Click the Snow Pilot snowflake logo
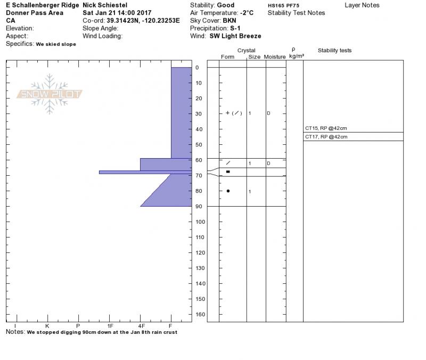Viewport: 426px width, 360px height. tap(50, 94)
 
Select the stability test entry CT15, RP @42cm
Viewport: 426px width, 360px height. tap(326, 128)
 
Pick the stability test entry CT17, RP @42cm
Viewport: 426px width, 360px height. tap(326, 137)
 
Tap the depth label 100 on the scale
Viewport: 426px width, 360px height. tap(200, 222)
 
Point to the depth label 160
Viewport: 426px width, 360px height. tap(200, 314)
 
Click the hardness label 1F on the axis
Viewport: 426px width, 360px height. tap(110, 326)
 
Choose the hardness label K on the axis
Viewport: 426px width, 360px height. tap(47, 326)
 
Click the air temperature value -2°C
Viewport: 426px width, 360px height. tap(247, 13)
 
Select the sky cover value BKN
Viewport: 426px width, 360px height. tap(230, 21)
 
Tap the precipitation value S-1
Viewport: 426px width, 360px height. tap(235, 28)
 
